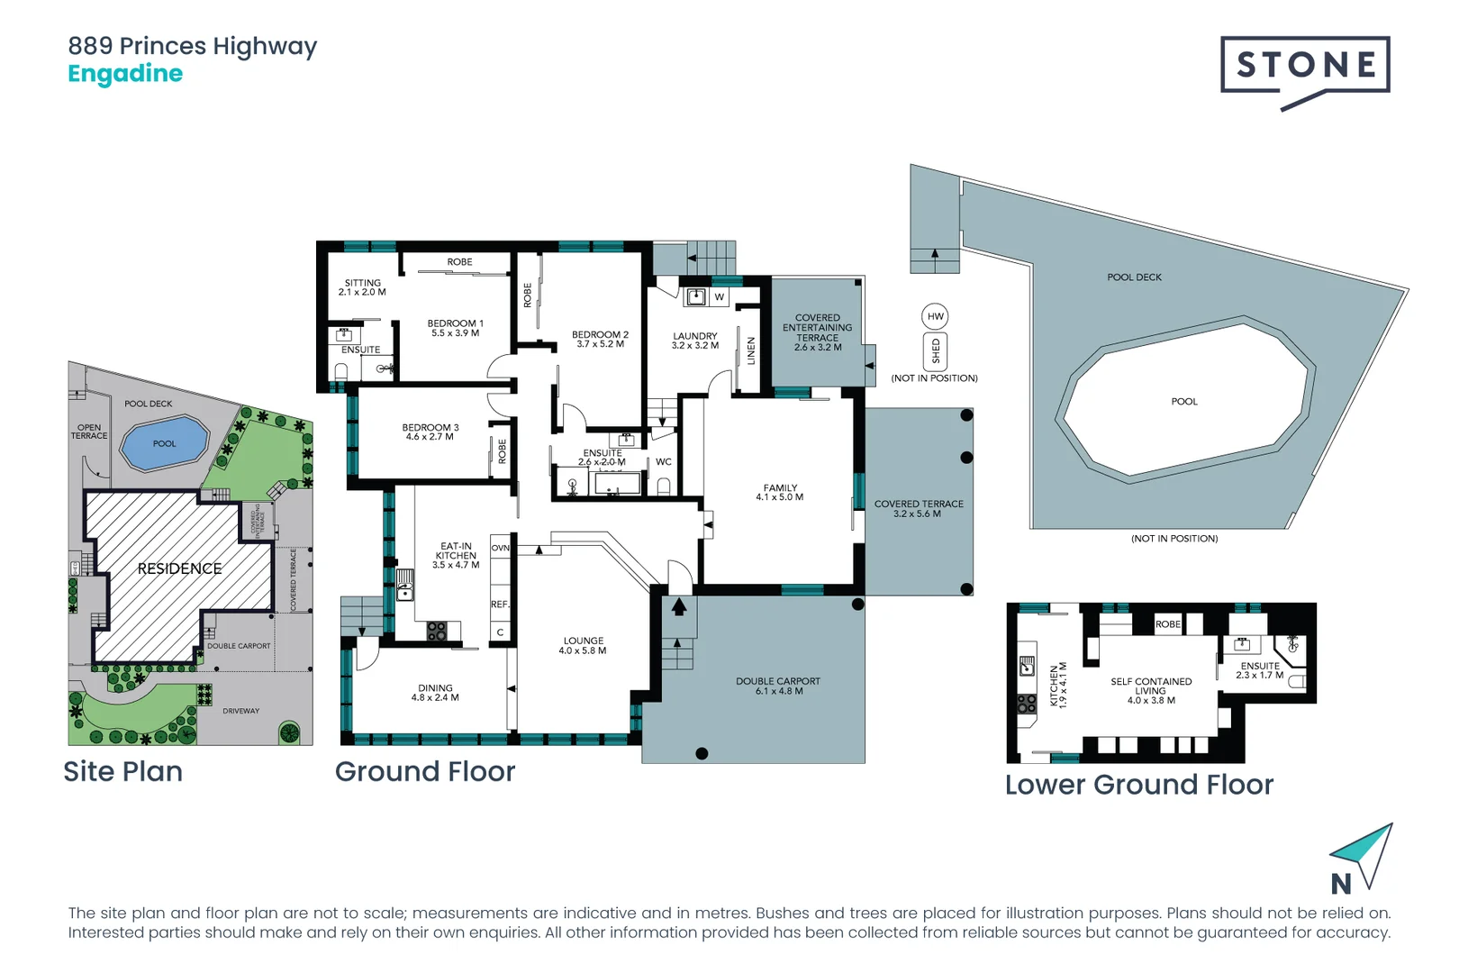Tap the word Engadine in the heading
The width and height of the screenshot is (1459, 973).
point(125,74)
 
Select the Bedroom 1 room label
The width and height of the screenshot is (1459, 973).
point(455,323)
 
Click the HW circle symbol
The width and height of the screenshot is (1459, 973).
point(935,316)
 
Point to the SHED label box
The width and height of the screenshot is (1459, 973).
point(936,351)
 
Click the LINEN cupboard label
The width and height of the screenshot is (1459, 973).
point(750,351)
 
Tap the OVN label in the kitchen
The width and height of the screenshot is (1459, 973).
point(501,548)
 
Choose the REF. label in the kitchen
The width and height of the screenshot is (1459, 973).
point(500,605)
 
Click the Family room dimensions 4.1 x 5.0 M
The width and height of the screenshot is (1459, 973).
point(780,497)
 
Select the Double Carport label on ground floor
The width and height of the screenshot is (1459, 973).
point(777,681)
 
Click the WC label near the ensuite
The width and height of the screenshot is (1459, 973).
point(664,462)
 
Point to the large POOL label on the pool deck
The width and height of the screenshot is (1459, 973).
point(1184,402)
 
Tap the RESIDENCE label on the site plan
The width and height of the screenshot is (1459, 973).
point(179,568)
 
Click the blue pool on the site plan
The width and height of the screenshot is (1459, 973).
point(164,443)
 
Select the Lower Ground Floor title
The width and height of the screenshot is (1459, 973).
point(1138,785)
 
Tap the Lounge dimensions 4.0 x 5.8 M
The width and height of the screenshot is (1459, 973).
point(583,650)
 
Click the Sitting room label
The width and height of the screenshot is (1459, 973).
point(363,283)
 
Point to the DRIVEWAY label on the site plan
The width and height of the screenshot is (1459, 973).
point(240,711)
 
